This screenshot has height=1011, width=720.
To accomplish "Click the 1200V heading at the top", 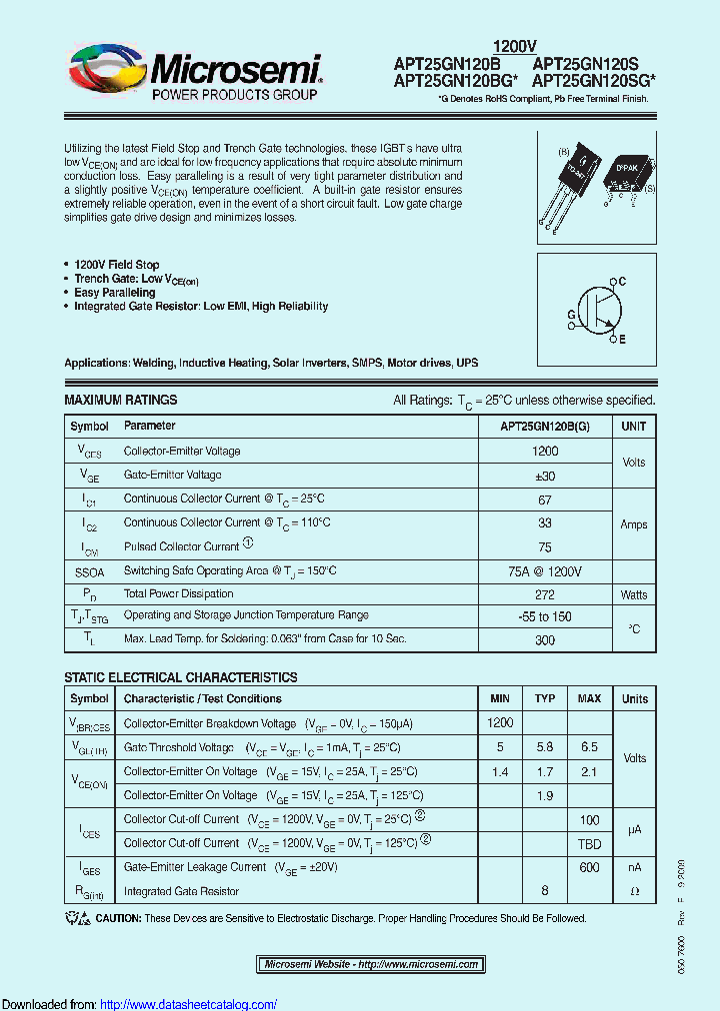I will click(x=516, y=46).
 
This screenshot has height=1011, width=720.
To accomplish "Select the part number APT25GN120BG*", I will click(x=455, y=80).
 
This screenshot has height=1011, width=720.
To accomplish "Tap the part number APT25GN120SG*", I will click(x=594, y=80).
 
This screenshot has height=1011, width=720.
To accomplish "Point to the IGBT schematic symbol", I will click(x=596, y=311).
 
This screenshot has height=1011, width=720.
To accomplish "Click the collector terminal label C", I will click(x=621, y=283).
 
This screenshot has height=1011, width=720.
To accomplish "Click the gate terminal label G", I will click(x=571, y=314).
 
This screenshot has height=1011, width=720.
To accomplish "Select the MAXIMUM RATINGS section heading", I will click(x=121, y=400).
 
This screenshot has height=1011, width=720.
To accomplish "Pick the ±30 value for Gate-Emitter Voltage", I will click(x=545, y=476).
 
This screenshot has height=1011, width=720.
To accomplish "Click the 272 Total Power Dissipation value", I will click(x=545, y=594).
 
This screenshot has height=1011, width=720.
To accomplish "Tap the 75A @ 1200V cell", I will click(x=545, y=570).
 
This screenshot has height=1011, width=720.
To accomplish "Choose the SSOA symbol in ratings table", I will click(x=89, y=571).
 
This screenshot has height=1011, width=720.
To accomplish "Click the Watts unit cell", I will click(x=634, y=594).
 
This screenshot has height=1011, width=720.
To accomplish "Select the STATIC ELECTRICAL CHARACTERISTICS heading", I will click(x=181, y=677).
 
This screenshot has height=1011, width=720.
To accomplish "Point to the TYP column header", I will click(x=545, y=698).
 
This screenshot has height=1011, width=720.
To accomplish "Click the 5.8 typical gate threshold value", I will click(x=545, y=747).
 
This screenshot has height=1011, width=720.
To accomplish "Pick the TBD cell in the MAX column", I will click(x=589, y=843).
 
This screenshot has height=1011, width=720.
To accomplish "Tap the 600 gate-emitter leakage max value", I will click(x=589, y=867).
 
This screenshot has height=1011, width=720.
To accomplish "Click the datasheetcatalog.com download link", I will click(x=189, y=1004).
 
